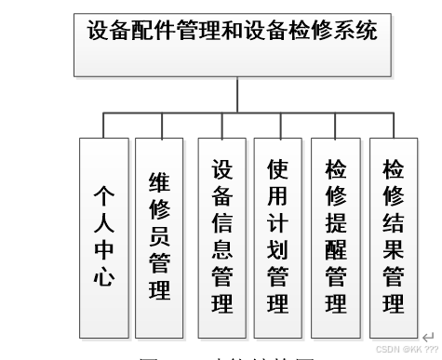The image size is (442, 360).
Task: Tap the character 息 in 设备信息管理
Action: coord(221,249)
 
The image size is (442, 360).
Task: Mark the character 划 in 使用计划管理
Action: coord(277,249)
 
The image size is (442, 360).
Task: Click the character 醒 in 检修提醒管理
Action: coord(335,249)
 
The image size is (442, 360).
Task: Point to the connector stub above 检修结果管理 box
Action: coord(393,126)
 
